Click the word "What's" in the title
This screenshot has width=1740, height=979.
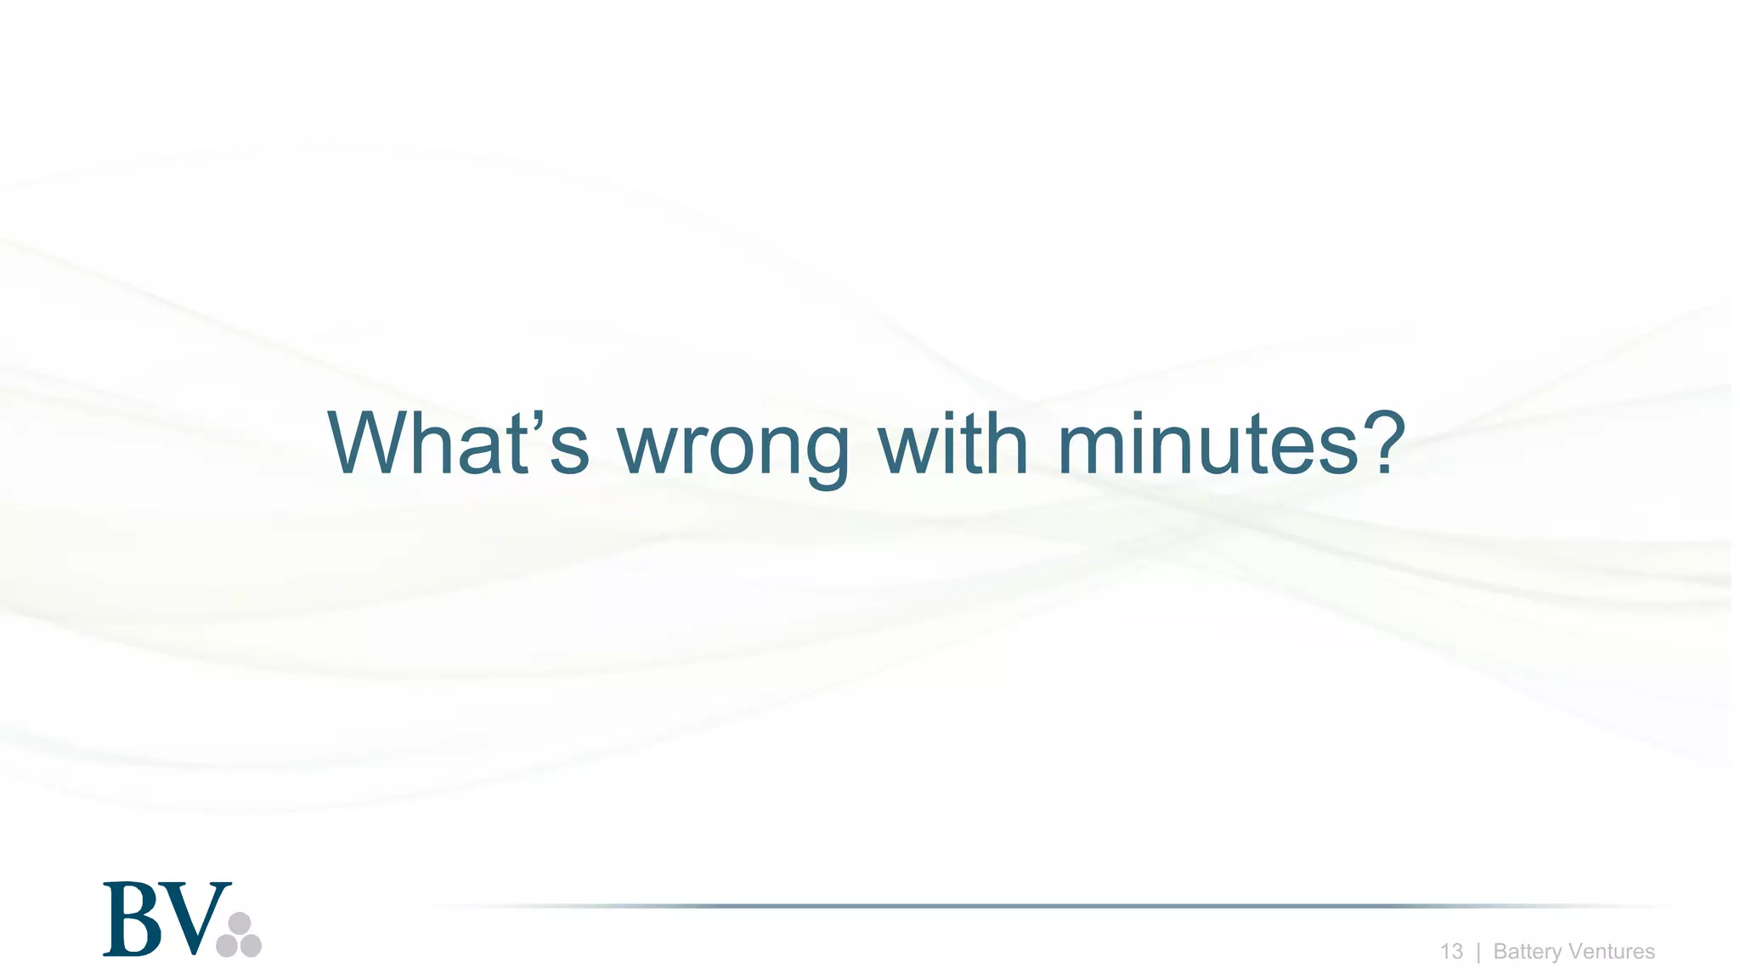coord(458,444)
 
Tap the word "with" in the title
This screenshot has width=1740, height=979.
coord(952,444)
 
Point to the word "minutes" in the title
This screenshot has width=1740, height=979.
coord(1208,444)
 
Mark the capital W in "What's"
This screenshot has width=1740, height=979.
coord(370,444)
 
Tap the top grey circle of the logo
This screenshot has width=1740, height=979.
coord(240,924)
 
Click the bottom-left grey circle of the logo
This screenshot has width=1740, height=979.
coord(227,946)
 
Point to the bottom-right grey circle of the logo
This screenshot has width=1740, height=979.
coord(251,946)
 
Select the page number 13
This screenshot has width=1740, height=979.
coord(1451,952)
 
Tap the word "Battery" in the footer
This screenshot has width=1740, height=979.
coord(1527,953)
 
